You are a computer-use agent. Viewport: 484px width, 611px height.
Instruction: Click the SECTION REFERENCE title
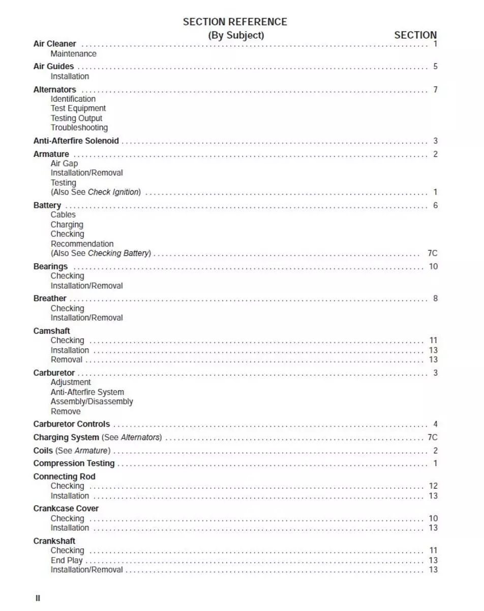point(235,22)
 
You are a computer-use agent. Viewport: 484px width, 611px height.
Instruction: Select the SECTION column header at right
point(415,35)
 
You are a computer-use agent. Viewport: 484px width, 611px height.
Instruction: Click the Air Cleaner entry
point(54,44)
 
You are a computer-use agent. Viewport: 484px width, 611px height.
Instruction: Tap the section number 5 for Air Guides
point(435,67)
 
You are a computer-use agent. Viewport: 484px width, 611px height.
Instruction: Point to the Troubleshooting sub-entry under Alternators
point(79,128)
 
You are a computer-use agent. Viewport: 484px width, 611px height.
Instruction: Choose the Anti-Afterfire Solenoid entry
point(76,141)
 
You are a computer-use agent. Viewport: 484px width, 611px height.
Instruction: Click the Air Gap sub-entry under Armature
point(64,163)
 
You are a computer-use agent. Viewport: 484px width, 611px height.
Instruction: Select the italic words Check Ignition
point(113,192)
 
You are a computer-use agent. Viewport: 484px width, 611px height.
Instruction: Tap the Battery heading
point(47,206)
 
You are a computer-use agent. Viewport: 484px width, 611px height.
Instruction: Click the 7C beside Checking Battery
point(432,254)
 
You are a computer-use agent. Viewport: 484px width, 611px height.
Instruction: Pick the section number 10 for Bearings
point(433,267)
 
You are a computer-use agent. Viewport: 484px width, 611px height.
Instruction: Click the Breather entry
point(50,299)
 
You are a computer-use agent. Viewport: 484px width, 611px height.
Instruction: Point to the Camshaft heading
point(51,331)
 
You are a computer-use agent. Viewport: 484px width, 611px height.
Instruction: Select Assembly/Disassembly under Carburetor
point(92,402)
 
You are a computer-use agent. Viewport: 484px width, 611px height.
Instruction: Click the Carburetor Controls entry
point(71,424)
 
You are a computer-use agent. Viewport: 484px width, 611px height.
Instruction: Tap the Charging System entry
point(66,437)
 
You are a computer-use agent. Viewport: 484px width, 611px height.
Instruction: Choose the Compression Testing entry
point(74,463)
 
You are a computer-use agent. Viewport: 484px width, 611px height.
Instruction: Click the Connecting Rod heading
point(64,477)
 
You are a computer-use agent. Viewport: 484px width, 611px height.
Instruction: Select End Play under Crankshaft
point(66,561)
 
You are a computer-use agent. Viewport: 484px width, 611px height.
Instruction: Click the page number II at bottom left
point(38,598)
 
